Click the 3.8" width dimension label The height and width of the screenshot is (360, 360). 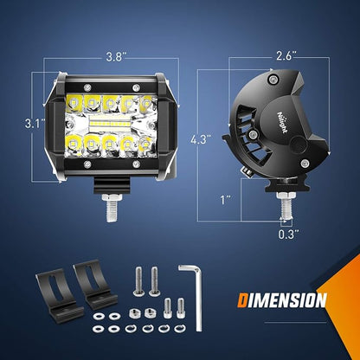click(x=114, y=57)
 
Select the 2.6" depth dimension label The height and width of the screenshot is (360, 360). click(x=286, y=55)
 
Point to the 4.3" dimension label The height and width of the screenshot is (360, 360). click(x=201, y=139)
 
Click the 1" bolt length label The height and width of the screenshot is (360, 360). click(x=226, y=200)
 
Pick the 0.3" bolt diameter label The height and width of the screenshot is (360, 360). click(x=288, y=234)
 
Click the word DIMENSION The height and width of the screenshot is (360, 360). click(x=282, y=300)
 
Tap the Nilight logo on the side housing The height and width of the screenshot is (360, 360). click(x=282, y=122)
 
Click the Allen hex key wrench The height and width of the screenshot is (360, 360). click(x=194, y=297)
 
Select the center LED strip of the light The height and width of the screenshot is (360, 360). click(x=111, y=123)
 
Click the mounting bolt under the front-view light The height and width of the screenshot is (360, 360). click(x=112, y=208)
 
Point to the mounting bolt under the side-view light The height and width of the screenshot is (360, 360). click(x=286, y=206)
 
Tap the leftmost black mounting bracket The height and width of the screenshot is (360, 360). click(x=59, y=295)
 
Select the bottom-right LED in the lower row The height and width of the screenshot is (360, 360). click(x=145, y=144)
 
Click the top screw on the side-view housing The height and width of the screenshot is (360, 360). click(x=273, y=79)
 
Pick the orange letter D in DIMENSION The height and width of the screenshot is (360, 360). click(x=242, y=300)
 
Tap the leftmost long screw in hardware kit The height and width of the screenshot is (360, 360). click(x=138, y=281)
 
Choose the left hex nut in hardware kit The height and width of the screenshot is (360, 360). click(x=133, y=312)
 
